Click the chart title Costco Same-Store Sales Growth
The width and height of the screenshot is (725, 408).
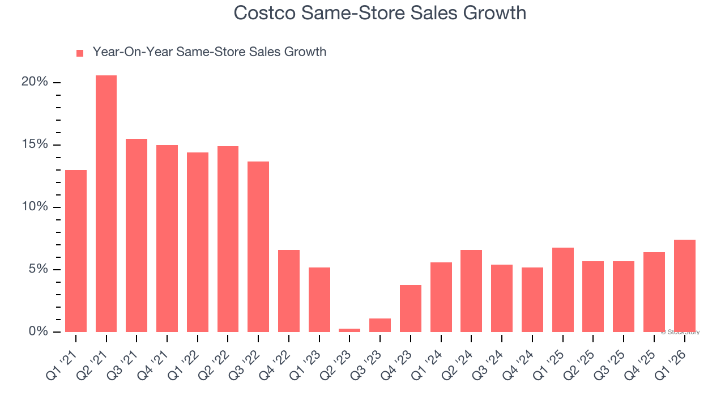coord(379,12)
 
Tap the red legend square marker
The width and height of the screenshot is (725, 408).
coord(80,53)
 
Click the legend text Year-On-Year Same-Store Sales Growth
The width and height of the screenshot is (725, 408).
coord(209,52)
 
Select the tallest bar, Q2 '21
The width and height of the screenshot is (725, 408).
coord(106,203)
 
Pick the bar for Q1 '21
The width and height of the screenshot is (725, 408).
coord(76,250)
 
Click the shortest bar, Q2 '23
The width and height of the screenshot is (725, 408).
coord(349,330)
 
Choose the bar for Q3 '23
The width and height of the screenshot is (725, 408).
coord(380,325)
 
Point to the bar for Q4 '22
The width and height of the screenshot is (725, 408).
coord(289,291)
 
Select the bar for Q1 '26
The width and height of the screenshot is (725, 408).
coord(684,286)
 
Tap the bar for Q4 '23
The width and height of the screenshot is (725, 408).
coord(411,308)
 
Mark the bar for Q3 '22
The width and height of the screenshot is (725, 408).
coord(258,246)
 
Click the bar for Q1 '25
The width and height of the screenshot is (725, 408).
coord(563,290)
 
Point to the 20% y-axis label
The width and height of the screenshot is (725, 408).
coord(35,82)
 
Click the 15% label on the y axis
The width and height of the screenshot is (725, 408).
coord(35,144)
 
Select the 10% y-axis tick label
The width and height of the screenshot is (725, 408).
coord(35,207)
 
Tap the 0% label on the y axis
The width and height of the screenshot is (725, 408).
coord(38,331)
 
